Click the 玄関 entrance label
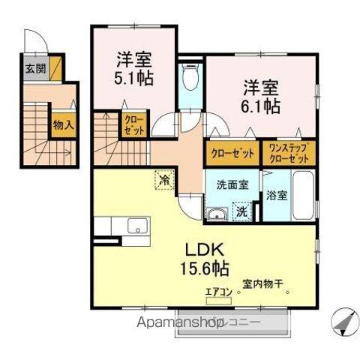coord(33,69)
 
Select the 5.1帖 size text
coord(136,77)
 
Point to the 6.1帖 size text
coord(261,106)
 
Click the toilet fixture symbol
coord(190,78)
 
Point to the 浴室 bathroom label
coord(276,196)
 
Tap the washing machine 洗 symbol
coord(242,212)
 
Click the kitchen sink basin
coord(137,226)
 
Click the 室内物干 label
coord(262,285)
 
